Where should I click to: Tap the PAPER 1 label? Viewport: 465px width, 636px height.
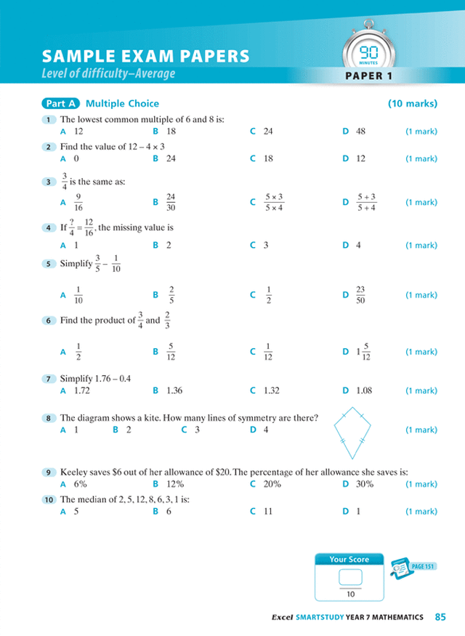[368, 76]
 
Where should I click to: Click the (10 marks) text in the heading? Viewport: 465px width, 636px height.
[412, 103]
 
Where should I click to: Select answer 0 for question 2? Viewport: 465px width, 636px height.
[76, 158]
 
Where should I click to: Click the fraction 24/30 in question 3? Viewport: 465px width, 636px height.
[171, 202]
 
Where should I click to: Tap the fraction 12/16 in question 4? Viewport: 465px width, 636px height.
[89, 228]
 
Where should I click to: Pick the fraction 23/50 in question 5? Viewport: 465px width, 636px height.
[361, 294]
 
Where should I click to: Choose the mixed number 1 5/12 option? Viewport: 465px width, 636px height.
[363, 351]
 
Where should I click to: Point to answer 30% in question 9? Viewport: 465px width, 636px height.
[365, 484]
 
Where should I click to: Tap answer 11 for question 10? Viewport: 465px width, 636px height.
[268, 511]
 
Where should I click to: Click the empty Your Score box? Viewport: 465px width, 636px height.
[350, 577]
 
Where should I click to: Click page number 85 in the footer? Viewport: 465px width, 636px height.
[440, 616]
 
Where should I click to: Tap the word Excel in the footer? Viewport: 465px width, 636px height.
[282, 617]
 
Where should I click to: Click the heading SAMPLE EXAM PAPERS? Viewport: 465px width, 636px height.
[146, 56]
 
